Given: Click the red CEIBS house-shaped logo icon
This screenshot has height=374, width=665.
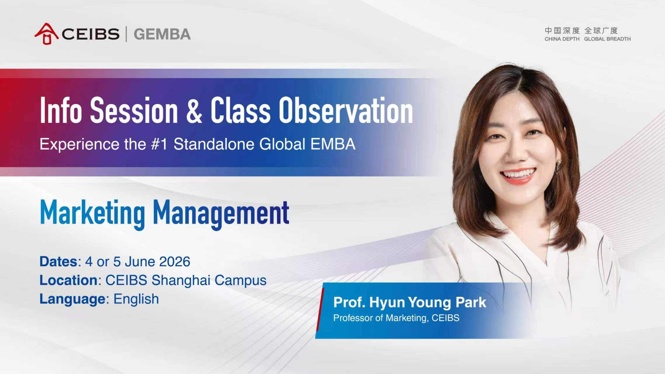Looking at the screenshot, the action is click(x=46, y=34).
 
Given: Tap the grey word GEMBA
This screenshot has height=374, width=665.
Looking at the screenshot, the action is click(x=162, y=34).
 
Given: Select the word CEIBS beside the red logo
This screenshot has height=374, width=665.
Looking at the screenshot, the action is click(x=91, y=34).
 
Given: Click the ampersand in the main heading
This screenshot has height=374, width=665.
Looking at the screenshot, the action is click(x=194, y=110).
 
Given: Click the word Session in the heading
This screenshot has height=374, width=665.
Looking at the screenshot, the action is click(x=134, y=110).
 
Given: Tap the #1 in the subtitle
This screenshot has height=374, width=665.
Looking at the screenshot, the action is click(x=159, y=144).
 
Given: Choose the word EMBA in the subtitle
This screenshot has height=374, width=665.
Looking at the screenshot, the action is click(x=333, y=144).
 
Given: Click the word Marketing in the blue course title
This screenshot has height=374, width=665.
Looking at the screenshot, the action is click(x=92, y=214).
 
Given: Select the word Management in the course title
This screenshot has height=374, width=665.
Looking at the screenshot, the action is click(x=221, y=214).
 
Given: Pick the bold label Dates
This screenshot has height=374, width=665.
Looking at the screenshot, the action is click(x=58, y=262).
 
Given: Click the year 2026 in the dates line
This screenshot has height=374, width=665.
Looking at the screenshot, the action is click(x=174, y=262).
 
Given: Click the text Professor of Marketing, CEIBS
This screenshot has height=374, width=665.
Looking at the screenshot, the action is click(x=396, y=318).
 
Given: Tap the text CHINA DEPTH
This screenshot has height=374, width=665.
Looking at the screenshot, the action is click(x=562, y=39).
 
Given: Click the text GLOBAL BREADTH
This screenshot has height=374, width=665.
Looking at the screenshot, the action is click(x=607, y=39).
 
